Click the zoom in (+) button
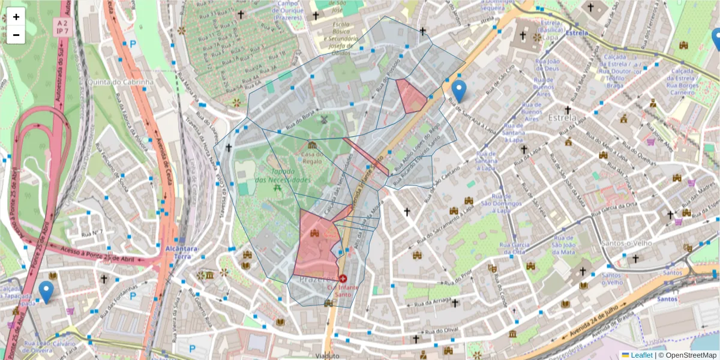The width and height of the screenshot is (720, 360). [x=16, y=17]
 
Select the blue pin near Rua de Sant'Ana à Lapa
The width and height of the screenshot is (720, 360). [x=459, y=91]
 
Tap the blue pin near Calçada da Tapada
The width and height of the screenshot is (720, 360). [x=46, y=292]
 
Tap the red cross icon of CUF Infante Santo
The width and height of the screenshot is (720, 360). [x=343, y=278]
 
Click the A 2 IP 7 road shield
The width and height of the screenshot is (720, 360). [x=61, y=27]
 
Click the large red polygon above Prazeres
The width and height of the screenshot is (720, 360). [x=315, y=246]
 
